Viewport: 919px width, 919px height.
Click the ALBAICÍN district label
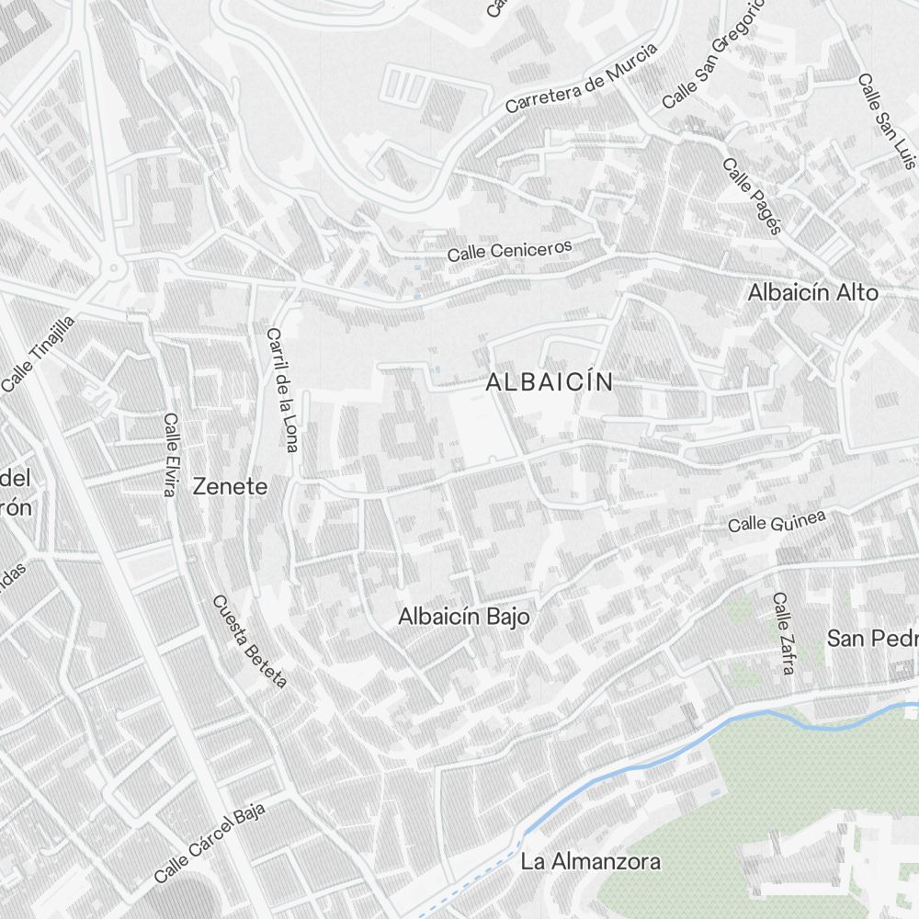(549, 382)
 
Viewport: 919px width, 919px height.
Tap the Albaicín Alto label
(812, 292)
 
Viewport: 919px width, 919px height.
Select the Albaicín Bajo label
(463, 617)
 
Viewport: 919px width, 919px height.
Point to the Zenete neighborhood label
(230, 487)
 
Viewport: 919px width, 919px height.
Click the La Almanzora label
(590, 862)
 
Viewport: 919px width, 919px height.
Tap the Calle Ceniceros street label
(509, 250)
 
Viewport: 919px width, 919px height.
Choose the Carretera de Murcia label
(581, 78)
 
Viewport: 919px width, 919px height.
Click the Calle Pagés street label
(751, 196)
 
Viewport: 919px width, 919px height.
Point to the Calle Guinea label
(777, 521)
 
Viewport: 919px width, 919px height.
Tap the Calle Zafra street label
(783, 633)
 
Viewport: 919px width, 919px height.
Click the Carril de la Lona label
(282, 390)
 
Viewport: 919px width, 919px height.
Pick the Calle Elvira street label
(169, 454)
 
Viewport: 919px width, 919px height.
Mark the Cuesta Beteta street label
(250, 641)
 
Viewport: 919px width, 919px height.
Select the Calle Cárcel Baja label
(210, 841)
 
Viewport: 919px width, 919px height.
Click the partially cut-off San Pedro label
(871, 638)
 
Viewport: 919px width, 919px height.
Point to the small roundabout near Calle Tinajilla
(114, 268)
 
